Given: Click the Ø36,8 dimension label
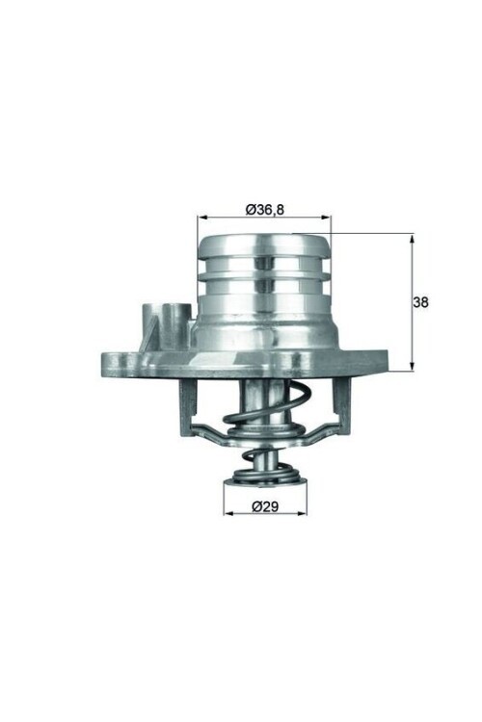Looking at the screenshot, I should pos(264,208).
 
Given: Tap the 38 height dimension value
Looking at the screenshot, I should pos(420,301).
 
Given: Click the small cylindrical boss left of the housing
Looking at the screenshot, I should pos(160,322).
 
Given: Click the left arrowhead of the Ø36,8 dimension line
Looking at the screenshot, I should pos(202,218).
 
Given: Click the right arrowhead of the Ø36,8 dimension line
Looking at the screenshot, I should pos(326,218).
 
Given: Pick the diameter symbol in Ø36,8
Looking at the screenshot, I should pos(248,208).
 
